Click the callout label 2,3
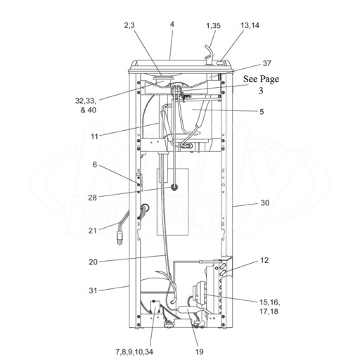pyautogui.click(x=129, y=25)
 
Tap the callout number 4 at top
pyautogui.click(x=172, y=25)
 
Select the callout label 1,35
pyautogui.click(x=213, y=25)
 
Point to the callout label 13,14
pyautogui.click(x=250, y=25)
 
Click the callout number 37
pyautogui.click(x=267, y=63)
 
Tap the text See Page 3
pyautogui.click(x=261, y=84)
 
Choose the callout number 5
pyautogui.click(x=262, y=112)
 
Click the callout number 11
pyautogui.click(x=94, y=136)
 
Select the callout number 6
pyautogui.click(x=95, y=165)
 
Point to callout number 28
pyautogui.click(x=92, y=198)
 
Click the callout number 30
pyautogui.click(x=265, y=202)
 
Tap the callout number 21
pyautogui.click(x=93, y=231)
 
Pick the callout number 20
pyautogui.click(x=93, y=262)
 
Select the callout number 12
pyautogui.click(x=264, y=260)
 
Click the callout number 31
pyautogui.click(x=93, y=290)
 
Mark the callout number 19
pyautogui.click(x=199, y=352)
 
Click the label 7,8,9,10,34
pyautogui.click(x=134, y=352)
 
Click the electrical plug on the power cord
pyautogui.click(x=120, y=238)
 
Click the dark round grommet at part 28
pyautogui.click(x=174, y=187)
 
